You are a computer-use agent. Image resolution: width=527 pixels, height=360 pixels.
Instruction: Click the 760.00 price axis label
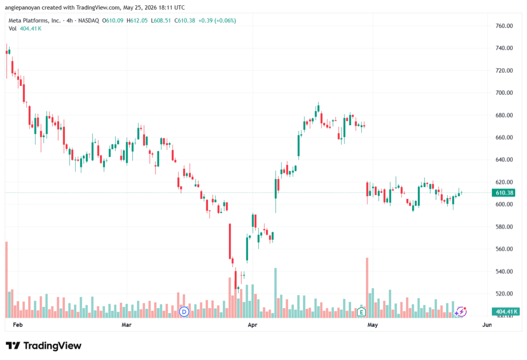tap(504, 26)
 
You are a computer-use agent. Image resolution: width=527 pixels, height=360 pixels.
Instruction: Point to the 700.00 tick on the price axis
tap(504, 93)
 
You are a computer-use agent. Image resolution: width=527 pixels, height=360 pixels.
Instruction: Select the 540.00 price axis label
tap(504, 271)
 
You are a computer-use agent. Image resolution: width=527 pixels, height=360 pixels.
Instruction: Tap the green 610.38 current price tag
tap(504, 193)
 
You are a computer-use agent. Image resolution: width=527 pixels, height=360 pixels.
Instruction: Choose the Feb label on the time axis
tap(17, 324)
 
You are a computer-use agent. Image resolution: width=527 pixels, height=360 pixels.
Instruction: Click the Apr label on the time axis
tap(252, 324)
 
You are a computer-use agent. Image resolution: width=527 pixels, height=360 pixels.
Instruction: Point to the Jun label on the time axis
tap(487, 324)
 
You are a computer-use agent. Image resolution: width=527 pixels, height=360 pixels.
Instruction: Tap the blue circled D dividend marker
tap(184, 312)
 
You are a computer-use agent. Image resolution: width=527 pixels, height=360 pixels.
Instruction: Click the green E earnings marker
tap(361, 312)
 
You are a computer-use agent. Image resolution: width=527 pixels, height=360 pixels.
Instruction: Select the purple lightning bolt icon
tap(462, 312)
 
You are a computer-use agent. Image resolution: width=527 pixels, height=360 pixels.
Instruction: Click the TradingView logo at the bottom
tap(44, 346)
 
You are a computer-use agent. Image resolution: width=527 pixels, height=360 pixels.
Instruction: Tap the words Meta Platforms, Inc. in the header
tap(34, 21)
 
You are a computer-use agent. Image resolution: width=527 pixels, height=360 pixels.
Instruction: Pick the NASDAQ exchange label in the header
tap(89, 21)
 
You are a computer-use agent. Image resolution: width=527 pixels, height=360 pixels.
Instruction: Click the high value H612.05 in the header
tap(137, 21)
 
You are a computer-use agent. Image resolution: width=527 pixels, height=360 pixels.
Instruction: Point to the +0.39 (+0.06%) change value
tap(217, 21)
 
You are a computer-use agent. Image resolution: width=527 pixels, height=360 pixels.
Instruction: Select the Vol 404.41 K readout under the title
tap(25, 29)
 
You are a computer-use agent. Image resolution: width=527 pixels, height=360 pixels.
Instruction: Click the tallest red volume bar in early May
tap(367, 288)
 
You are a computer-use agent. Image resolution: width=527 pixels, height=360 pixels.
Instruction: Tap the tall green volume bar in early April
tap(276, 293)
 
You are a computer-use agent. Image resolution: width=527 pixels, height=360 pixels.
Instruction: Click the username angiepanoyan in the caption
tap(22, 7)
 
